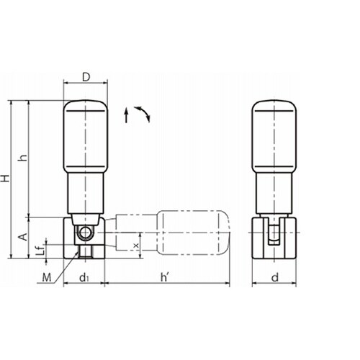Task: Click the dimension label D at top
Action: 86,77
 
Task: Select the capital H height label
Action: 5,179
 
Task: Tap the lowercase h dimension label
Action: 23,158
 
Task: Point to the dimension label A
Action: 23,237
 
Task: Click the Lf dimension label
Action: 42,249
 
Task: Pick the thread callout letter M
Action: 47,278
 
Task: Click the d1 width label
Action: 84,278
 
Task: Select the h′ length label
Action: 165,278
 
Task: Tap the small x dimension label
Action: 136,246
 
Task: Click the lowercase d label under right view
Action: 275,278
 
